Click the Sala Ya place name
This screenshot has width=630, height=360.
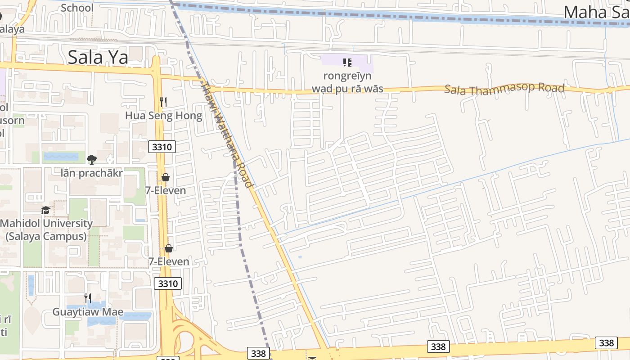(x=98, y=57)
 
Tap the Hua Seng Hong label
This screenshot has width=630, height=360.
(x=163, y=116)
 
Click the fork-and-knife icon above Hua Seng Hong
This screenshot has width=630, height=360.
(x=163, y=102)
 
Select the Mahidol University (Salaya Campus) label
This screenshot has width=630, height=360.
(x=46, y=229)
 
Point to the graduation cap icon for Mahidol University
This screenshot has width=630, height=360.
(x=45, y=210)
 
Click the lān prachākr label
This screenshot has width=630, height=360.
(x=92, y=173)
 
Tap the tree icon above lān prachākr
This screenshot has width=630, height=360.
(x=92, y=159)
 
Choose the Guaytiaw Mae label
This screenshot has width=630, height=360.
(x=88, y=312)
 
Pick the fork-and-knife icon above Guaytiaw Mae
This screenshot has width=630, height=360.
(x=88, y=298)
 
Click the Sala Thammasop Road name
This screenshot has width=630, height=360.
(x=504, y=88)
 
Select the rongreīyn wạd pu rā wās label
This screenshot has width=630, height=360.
(x=347, y=82)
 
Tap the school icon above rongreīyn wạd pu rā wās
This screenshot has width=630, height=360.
(x=347, y=63)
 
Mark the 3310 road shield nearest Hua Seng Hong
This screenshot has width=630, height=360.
(x=162, y=146)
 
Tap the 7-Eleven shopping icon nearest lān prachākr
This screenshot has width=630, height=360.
(x=166, y=177)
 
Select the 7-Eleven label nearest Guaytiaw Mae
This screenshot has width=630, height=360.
(x=169, y=261)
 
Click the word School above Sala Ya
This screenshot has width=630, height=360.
(x=77, y=7)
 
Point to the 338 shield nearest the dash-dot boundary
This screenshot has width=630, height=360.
(x=258, y=353)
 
